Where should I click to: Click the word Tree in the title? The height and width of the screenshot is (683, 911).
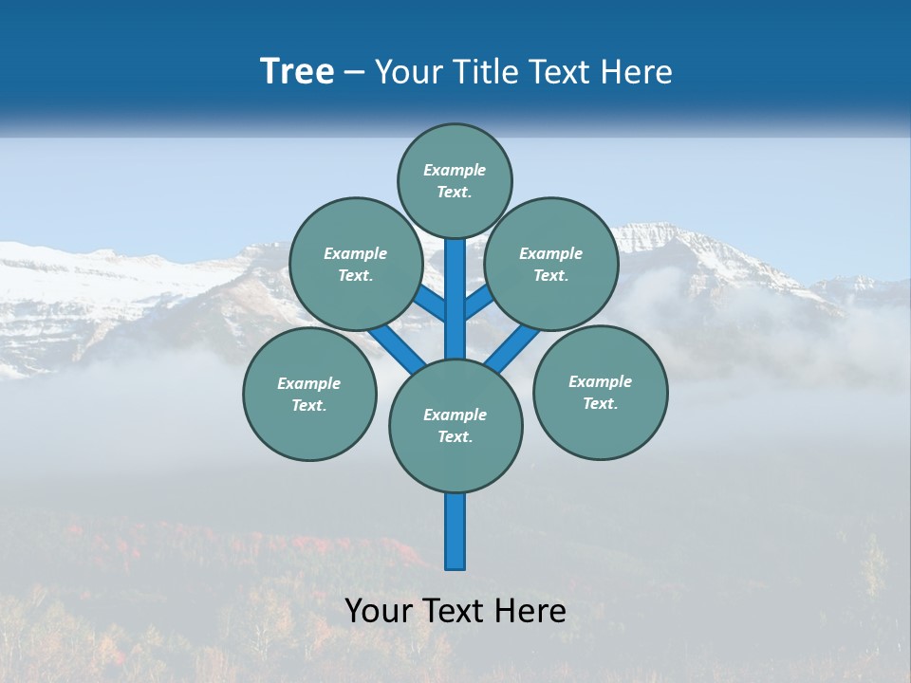click(x=297, y=72)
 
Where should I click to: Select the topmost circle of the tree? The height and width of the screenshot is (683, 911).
click(x=455, y=180)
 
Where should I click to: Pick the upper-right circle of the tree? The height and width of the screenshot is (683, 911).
click(x=550, y=264)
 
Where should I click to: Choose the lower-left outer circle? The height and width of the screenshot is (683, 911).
click(x=309, y=394)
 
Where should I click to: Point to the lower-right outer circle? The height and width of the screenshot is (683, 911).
click(x=600, y=392)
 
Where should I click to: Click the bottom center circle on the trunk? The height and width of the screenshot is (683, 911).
click(x=455, y=425)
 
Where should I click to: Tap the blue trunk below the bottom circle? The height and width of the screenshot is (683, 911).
click(x=455, y=531)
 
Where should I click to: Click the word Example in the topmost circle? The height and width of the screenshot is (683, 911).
click(x=455, y=170)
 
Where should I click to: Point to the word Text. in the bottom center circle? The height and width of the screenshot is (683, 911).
click(x=455, y=436)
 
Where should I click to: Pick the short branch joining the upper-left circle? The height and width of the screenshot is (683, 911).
click(x=430, y=304)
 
